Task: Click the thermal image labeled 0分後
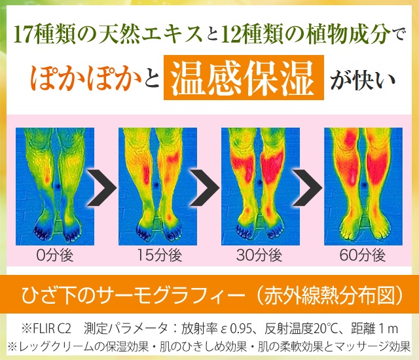55,187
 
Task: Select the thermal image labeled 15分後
158,187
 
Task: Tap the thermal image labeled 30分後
261,187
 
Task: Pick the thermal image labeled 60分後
363,187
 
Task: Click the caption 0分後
55,255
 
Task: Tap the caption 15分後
160,255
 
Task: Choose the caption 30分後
259,255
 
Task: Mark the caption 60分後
363,255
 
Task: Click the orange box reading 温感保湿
244,77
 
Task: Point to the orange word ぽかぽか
86,78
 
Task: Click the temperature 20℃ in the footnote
327,329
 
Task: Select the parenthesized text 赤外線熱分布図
329,295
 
